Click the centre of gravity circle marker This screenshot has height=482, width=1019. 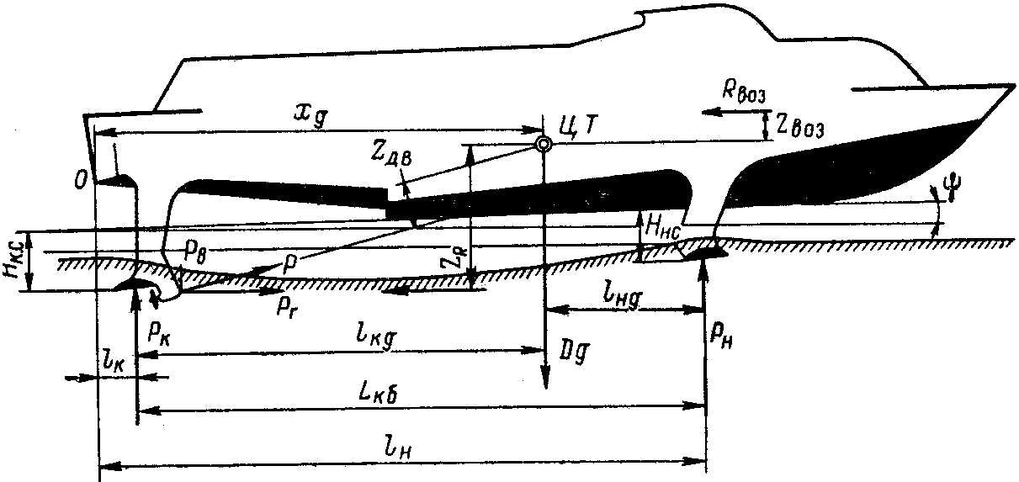(544, 145)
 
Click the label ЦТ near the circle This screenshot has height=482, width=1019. (578, 124)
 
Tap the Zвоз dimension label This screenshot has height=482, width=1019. (800, 129)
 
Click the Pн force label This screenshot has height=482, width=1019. (719, 336)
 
